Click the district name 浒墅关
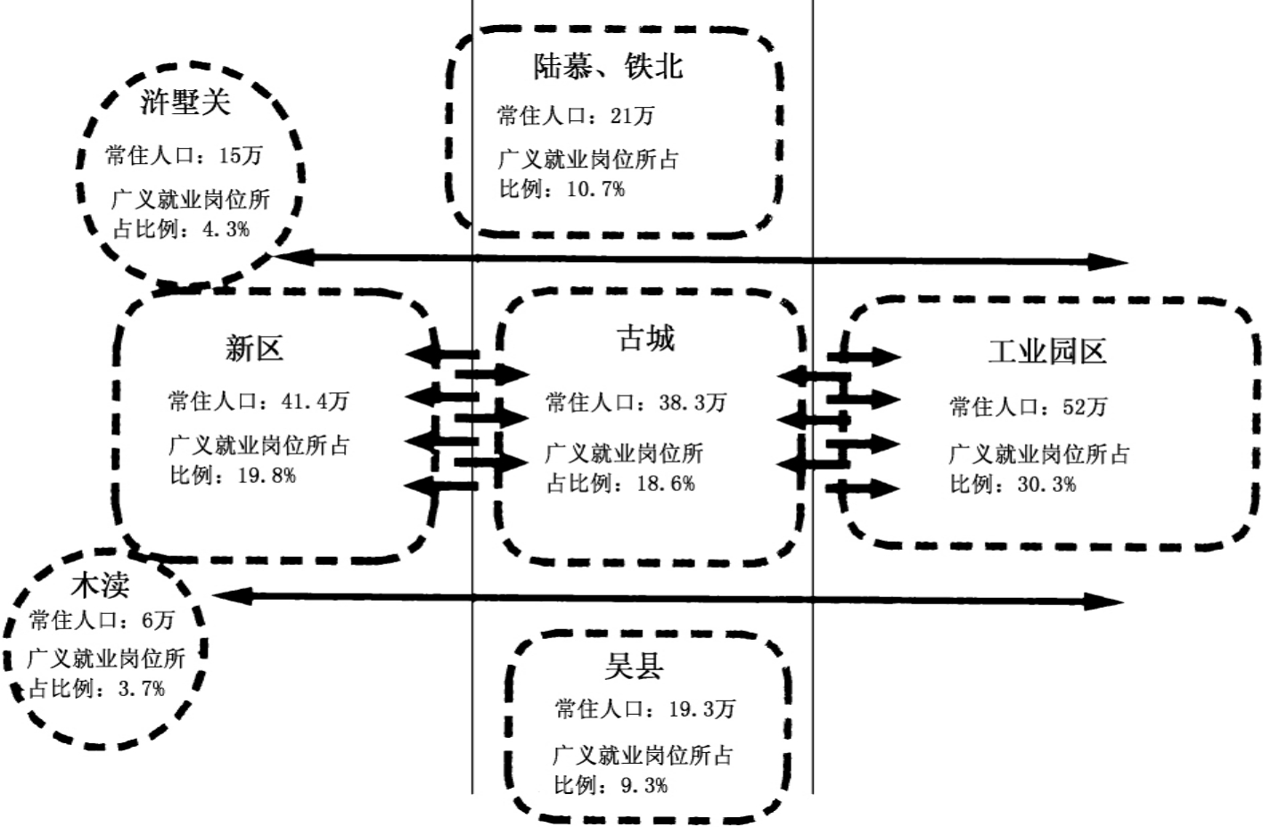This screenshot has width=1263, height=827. point(185,102)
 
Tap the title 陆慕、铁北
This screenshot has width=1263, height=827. point(608,66)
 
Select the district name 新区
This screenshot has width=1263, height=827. point(254,348)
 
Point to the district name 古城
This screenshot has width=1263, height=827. point(646,339)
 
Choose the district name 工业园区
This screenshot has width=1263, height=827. point(1046,351)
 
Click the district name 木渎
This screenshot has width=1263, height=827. point(100,585)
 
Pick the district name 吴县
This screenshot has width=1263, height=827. point(634,666)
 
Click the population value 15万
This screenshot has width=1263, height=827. point(241,156)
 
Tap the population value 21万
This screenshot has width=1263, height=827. point(632,116)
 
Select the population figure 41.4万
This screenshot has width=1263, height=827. point(315,401)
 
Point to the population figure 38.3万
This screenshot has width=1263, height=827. point(693,403)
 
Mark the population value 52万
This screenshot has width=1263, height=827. point(1084,407)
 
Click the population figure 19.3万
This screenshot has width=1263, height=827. point(701,709)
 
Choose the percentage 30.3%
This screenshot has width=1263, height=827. point(1046,485)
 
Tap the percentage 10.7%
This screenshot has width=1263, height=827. point(595,189)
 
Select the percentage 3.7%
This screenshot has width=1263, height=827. point(142,689)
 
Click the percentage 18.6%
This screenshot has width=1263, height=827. point(666,484)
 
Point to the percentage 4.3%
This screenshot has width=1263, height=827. point(226,229)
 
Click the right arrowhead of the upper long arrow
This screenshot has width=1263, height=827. point(1114,262)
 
